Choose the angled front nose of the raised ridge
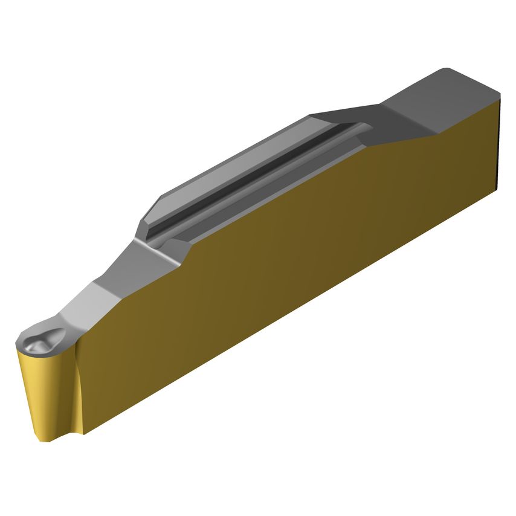coord(145,227)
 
